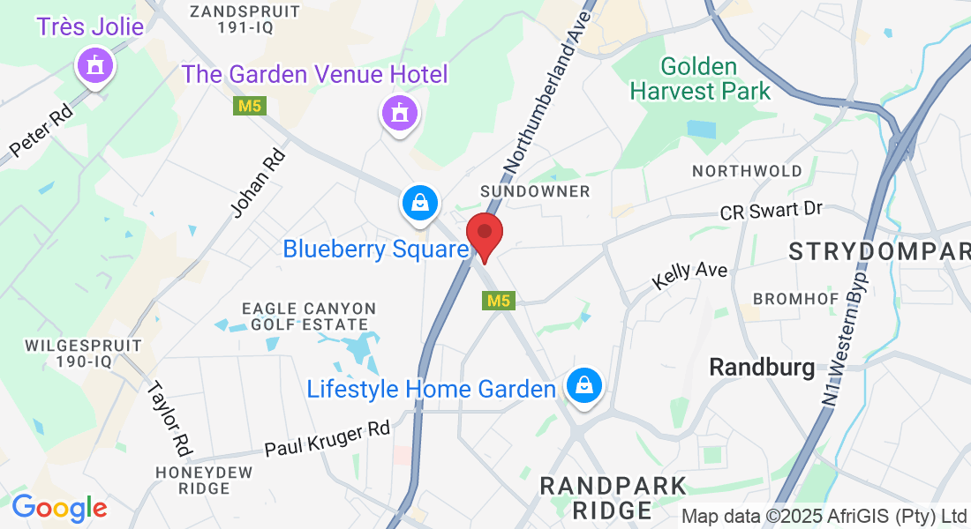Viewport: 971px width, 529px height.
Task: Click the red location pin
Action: click(484, 235)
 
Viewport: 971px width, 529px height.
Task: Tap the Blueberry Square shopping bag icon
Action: click(420, 203)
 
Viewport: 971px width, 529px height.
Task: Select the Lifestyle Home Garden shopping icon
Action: click(583, 384)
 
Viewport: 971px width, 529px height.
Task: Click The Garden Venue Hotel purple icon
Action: click(400, 113)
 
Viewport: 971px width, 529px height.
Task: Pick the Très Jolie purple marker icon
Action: click(95, 64)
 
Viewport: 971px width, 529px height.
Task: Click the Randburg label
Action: click(763, 367)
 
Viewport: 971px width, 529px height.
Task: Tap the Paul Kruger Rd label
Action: click(327, 438)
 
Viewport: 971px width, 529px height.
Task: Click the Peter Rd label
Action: click(42, 133)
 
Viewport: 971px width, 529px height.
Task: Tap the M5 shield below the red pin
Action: click(499, 301)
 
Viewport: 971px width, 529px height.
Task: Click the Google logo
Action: click(59, 508)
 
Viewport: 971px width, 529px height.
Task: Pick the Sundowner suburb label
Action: click(535, 191)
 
